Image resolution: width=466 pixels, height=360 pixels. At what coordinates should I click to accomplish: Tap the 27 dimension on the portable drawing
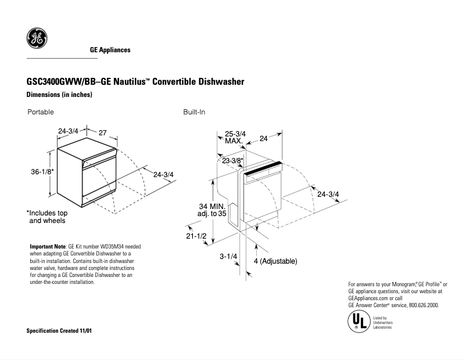tap(103, 133)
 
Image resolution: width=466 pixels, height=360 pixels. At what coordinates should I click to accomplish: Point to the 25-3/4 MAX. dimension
tap(235, 138)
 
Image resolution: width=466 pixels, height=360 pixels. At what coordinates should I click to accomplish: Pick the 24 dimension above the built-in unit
tap(264, 138)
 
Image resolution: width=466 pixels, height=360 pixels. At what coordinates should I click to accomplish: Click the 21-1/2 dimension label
tap(197, 237)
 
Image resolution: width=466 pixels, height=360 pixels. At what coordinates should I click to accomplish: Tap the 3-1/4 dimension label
tap(227, 255)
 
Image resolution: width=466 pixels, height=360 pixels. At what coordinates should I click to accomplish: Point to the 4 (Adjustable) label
tap(275, 262)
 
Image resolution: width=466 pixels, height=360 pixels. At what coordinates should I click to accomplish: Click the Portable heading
tap(41, 111)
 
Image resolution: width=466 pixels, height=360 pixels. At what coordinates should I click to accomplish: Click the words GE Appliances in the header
tap(110, 50)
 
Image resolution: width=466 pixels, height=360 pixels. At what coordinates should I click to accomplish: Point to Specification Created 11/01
tap(60, 331)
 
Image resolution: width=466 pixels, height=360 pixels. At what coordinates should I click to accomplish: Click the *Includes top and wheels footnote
tap(47, 217)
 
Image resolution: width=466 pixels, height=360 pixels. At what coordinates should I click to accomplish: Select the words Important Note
tap(48, 247)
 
